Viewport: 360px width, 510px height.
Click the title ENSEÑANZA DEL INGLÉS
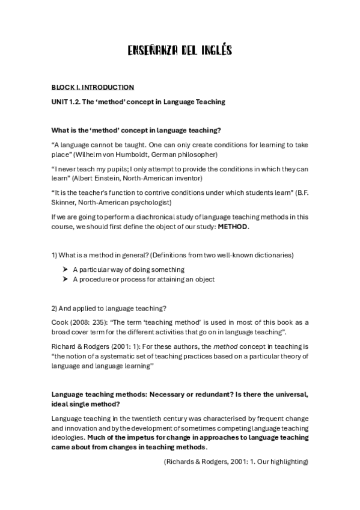point(180,51)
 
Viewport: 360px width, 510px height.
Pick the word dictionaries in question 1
point(275,255)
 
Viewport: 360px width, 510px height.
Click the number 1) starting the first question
point(55,255)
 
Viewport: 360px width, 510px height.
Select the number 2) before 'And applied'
point(55,309)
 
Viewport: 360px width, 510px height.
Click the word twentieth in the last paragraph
point(138,419)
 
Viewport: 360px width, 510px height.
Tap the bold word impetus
point(101,438)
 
